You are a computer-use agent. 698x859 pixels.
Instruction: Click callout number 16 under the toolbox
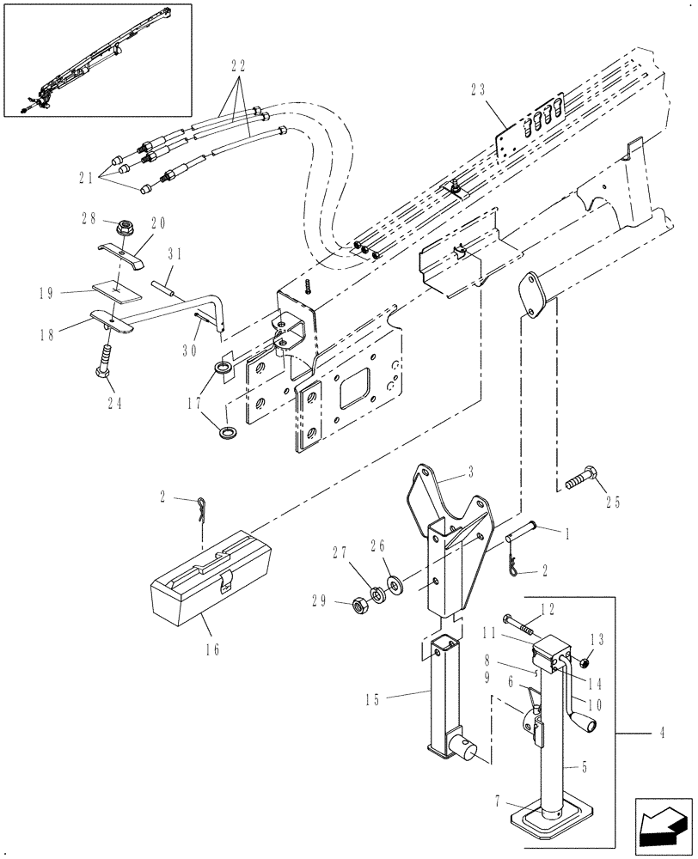click(x=211, y=649)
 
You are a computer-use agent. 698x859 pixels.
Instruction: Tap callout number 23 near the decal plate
click(x=480, y=88)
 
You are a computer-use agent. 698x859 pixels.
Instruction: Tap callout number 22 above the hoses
click(x=238, y=65)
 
